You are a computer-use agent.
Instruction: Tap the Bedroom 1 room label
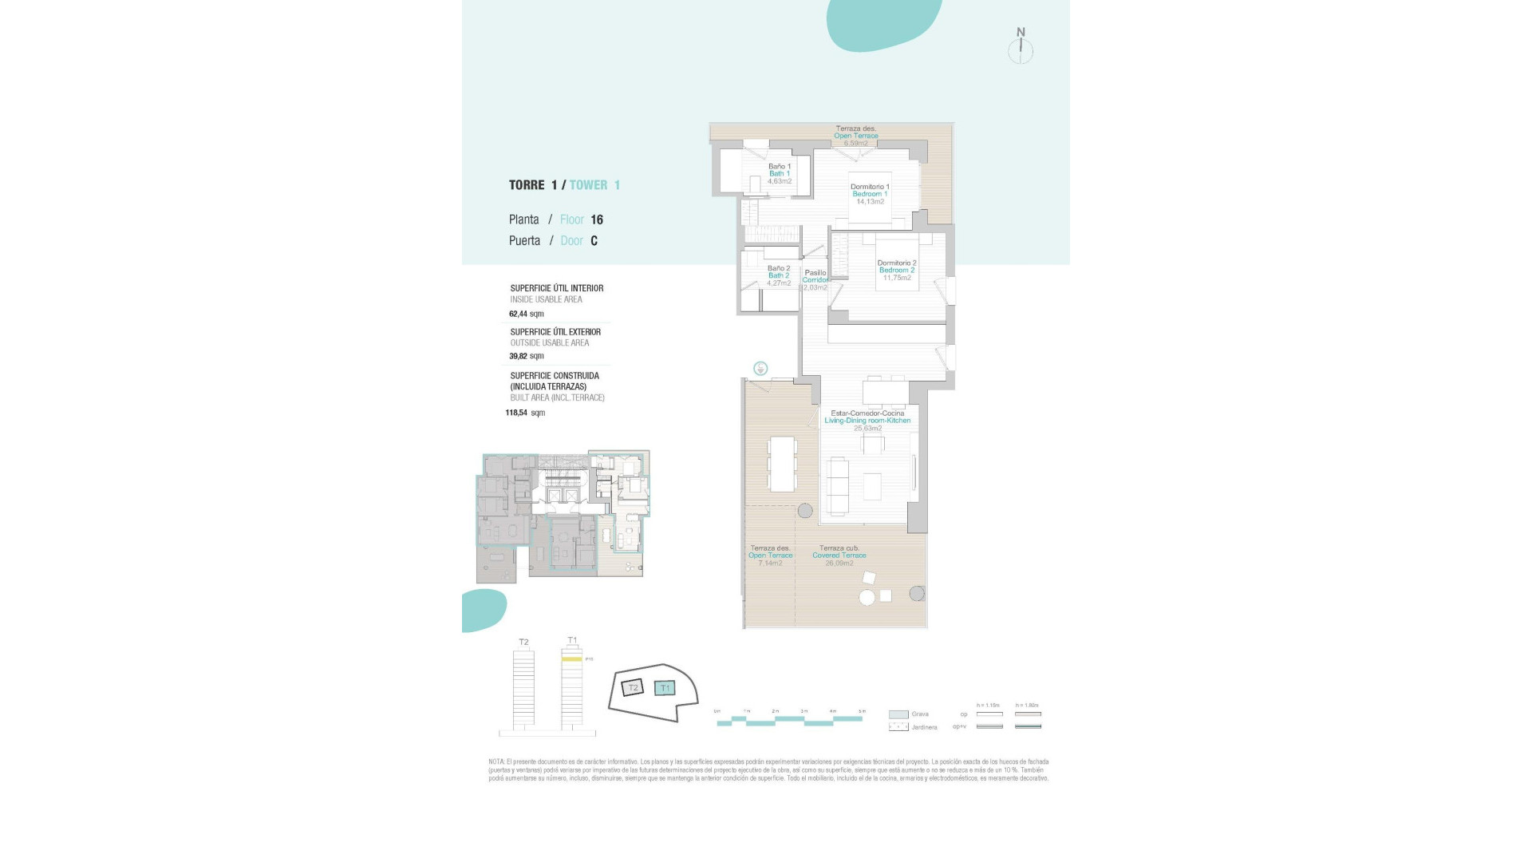870,194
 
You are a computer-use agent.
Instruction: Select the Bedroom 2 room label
897,270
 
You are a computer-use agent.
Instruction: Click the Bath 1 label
780,173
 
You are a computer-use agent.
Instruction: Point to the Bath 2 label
779,275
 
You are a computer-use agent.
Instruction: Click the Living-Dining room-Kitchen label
867,421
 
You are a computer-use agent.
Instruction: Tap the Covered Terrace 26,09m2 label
839,556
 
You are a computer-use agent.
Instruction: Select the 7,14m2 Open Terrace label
770,556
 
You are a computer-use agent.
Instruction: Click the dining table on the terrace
782,464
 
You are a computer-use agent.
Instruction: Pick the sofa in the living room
838,486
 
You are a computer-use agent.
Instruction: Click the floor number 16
597,219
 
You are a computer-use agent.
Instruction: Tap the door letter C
594,241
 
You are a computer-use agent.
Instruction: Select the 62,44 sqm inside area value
526,314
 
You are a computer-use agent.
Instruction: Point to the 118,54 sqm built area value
525,413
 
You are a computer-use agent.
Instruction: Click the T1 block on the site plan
665,688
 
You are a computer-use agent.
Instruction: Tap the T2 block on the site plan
633,687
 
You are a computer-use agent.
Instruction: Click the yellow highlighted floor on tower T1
571,659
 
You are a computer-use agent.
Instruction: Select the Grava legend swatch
898,714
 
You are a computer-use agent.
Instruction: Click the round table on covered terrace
867,597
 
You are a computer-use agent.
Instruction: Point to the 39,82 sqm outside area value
526,356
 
